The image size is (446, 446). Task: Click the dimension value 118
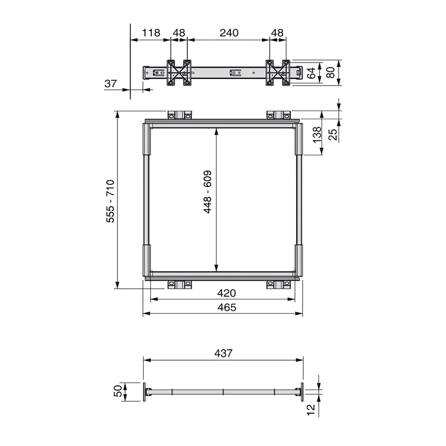151,33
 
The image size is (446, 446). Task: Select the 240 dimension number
229,33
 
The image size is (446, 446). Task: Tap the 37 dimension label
111,84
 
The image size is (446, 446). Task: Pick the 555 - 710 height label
110,201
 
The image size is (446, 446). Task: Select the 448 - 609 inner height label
207,192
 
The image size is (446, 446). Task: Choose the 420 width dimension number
226,293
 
